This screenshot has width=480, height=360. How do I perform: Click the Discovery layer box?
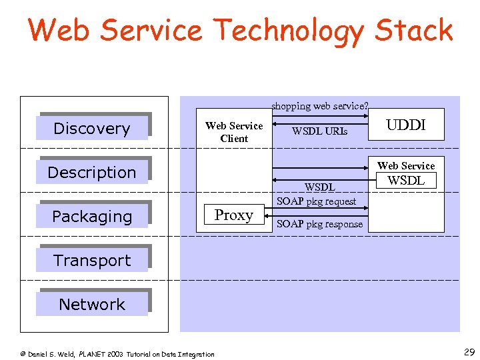(92, 128)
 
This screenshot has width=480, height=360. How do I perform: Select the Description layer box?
(92, 172)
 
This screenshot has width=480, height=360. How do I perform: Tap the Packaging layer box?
(92, 216)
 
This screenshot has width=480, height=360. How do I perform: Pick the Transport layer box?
(92, 260)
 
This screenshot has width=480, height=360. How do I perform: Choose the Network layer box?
(92, 304)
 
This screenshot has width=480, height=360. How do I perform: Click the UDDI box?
(406, 125)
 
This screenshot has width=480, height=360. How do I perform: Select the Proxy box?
(233, 215)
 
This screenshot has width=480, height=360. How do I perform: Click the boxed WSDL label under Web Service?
(406, 180)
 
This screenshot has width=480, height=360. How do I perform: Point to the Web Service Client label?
(234, 132)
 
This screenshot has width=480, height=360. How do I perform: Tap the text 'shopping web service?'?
(320, 105)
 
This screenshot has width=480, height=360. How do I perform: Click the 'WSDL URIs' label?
(320, 131)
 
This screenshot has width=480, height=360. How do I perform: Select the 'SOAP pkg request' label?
(317, 201)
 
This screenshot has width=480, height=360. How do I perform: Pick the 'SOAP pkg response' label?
(320, 224)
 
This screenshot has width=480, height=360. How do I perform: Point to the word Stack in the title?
(413, 30)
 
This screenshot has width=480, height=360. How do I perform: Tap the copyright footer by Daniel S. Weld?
(117, 354)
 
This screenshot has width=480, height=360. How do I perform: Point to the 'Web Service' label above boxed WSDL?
(406, 165)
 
